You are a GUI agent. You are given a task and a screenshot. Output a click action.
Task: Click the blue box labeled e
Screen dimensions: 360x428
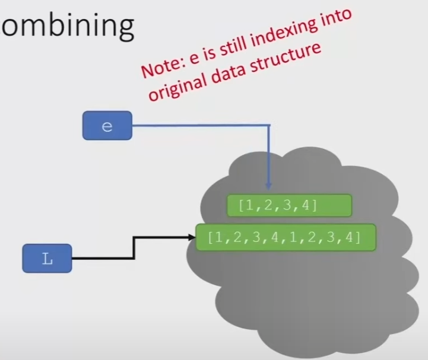pos(107,126)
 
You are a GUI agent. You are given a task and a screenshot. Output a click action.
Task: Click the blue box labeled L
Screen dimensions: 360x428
pos(47,259)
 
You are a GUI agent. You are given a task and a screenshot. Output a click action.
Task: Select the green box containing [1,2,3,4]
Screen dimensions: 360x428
pos(290,205)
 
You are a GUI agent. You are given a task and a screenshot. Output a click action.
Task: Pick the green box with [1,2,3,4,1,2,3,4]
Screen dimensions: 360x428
pos(284,238)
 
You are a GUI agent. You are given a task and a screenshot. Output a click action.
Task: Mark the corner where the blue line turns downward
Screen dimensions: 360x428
pos(270,126)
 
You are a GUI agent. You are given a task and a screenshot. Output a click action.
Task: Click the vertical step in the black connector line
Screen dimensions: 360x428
pos(135,248)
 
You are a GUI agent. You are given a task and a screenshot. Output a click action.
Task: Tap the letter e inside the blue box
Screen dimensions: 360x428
pos(107,126)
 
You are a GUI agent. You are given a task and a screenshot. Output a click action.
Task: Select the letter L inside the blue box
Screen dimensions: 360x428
pos(47,259)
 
